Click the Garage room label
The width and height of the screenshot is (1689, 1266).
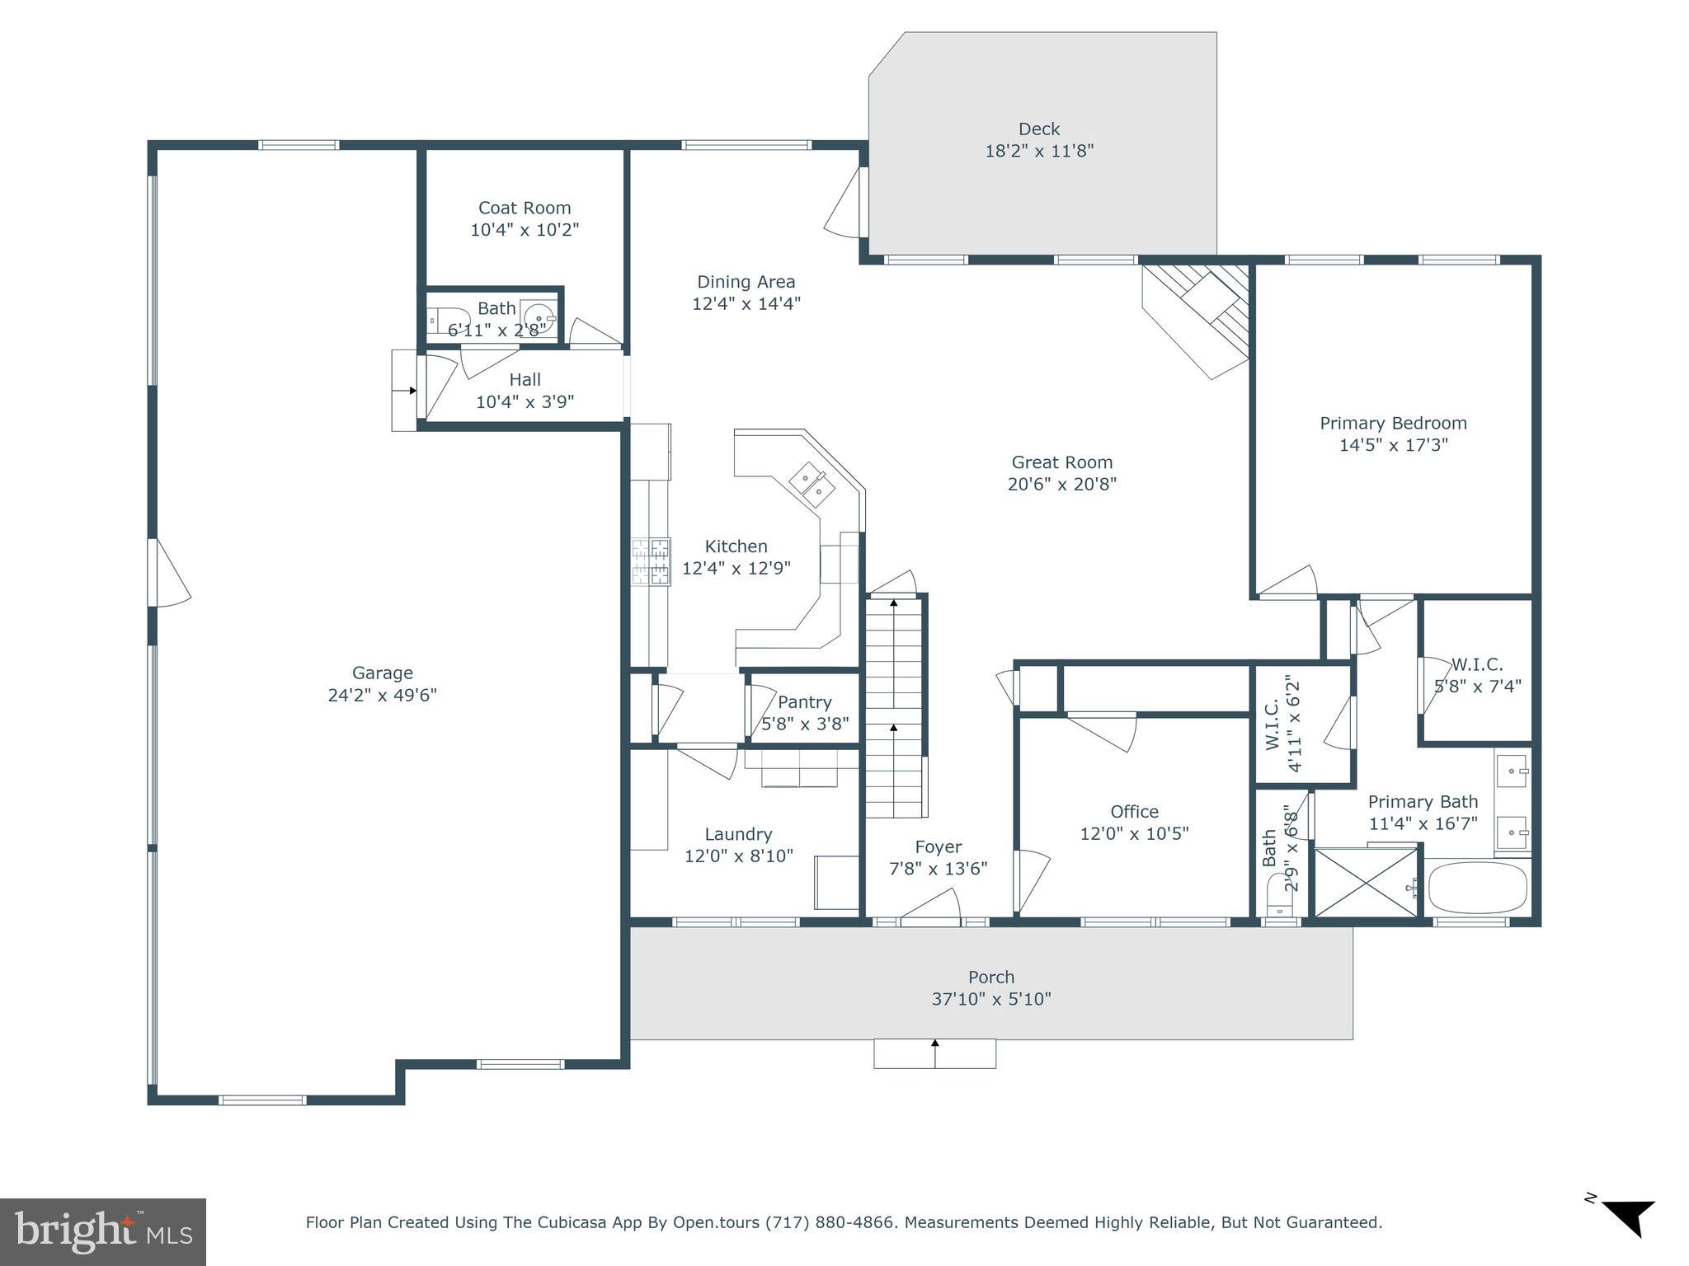(382, 673)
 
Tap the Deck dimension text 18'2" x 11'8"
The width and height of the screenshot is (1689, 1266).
(1038, 151)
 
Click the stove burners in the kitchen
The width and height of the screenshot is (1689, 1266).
(652, 561)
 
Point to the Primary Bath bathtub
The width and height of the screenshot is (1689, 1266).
(1477, 888)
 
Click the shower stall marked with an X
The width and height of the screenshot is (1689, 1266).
(1366, 882)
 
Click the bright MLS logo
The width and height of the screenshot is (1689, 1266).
(102, 1232)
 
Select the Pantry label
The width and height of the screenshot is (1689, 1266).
(804, 702)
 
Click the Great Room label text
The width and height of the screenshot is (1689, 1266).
(1061, 462)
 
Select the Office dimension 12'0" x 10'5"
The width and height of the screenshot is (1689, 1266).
(1134, 833)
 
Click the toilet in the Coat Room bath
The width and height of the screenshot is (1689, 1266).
(445, 320)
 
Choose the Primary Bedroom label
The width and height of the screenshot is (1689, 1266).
(1393, 423)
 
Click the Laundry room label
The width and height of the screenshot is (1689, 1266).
(738, 834)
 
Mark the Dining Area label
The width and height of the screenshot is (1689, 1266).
(746, 282)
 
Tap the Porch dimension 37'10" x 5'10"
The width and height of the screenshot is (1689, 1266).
(990, 999)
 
